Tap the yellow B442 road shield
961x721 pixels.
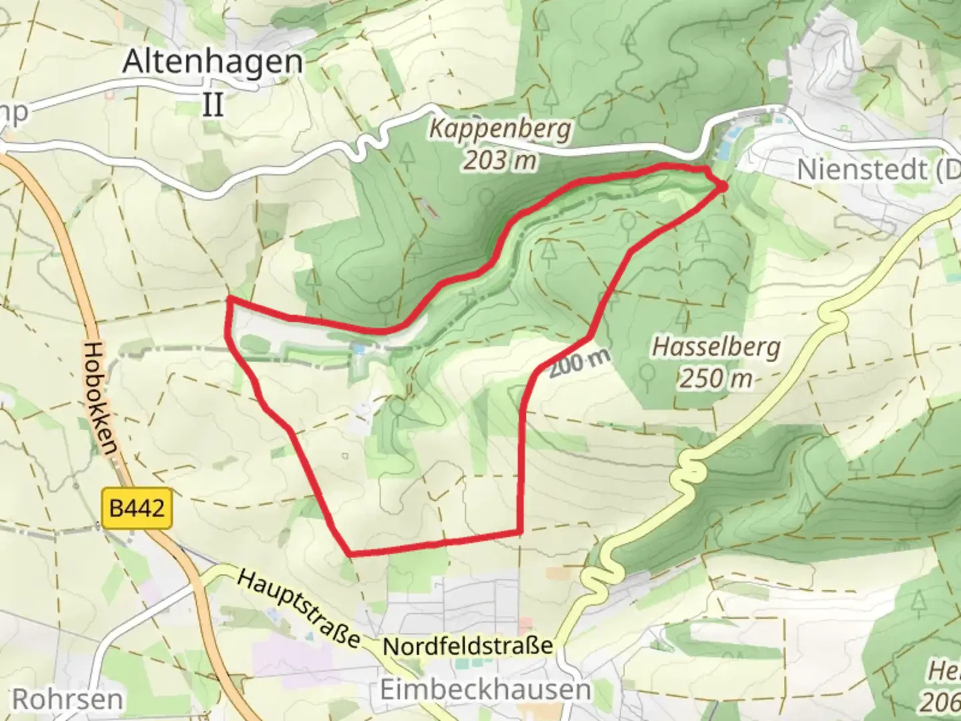coord(137,509)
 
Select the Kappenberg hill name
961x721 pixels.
coord(500,128)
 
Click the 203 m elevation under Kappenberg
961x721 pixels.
coord(501,160)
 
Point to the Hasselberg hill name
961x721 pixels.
coord(716,347)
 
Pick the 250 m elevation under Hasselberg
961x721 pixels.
coord(716,379)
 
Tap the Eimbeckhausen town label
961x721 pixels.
coord(485,690)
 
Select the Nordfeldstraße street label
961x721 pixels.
coord(468,646)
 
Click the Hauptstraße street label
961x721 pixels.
coord(298,608)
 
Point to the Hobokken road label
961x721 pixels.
coord(101,399)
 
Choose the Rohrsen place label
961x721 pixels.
coord(68,700)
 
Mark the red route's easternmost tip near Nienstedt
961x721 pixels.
coord(723,187)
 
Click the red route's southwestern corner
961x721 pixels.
coord(350,553)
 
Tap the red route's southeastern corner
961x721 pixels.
coord(519,531)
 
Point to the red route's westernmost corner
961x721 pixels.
coord(229,300)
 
